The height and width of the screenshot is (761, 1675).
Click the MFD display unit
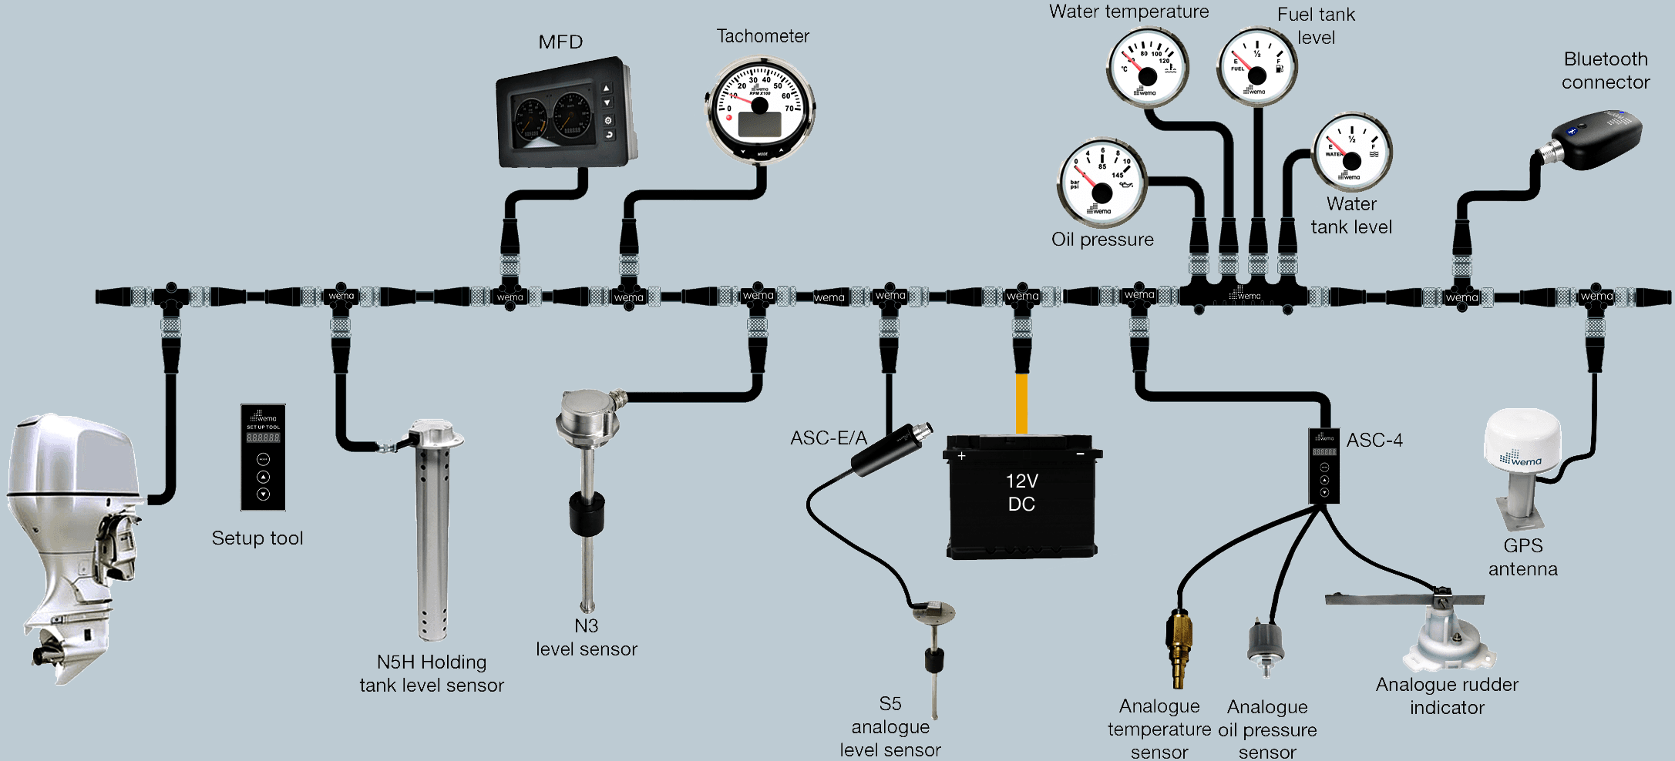(x=561, y=114)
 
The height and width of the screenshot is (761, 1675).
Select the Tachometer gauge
(x=760, y=109)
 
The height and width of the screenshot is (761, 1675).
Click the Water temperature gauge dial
(x=1147, y=68)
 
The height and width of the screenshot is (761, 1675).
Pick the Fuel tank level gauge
(x=1256, y=67)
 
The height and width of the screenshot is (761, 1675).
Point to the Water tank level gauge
(x=1351, y=152)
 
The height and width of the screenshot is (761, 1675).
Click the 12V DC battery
(x=1021, y=497)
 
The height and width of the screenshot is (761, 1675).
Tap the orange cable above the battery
(x=1021, y=404)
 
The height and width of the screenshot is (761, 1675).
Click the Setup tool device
(x=263, y=458)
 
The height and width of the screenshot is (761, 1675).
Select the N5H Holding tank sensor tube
(x=432, y=539)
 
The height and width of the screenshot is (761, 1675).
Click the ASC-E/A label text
(x=828, y=438)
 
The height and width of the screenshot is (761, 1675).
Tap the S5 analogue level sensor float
(x=934, y=660)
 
